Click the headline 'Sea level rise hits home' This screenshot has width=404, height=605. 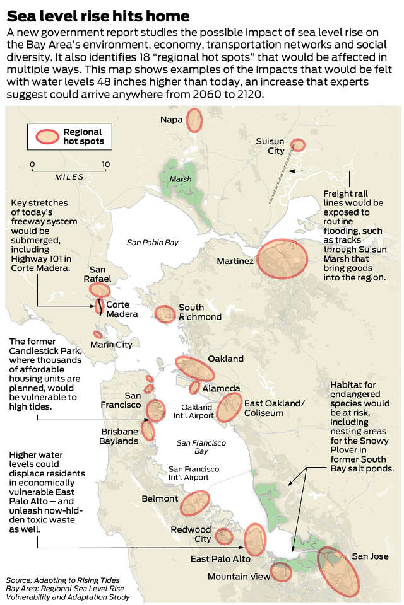click(98, 14)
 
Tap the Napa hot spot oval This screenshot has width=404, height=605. click(194, 119)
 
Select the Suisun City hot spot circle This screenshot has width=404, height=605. click(297, 145)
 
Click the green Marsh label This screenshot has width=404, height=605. click(180, 179)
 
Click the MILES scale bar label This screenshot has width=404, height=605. click(69, 177)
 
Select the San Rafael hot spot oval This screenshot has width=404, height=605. click(100, 289)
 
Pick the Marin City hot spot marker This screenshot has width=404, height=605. click(98, 335)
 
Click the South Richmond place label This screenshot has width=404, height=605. click(199, 312)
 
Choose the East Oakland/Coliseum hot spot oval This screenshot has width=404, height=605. click(229, 407)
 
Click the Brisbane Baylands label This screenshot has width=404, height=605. click(119, 436)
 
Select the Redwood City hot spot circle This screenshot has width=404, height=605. click(224, 536)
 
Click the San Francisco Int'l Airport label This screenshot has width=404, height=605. click(194, 473)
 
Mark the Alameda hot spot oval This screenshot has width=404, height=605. click(194, 387)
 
